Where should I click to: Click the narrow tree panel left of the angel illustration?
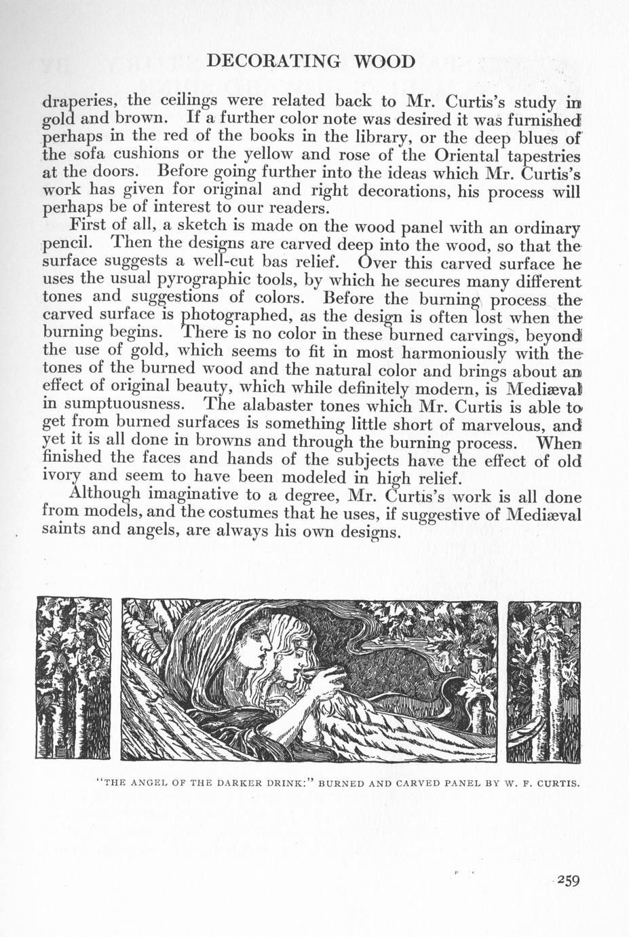click(73, 679)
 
